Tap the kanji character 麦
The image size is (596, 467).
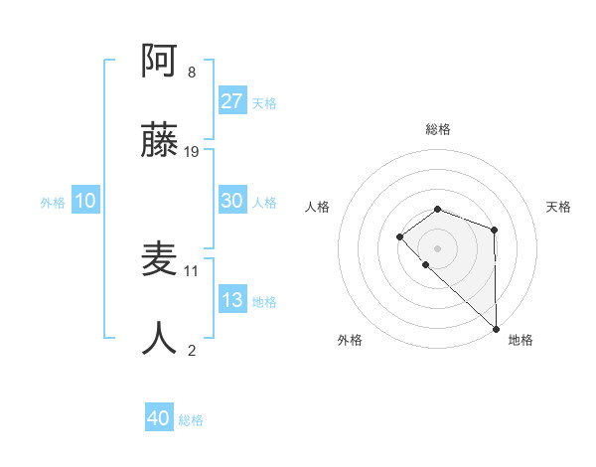coord(160,259)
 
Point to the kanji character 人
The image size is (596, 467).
coord(160,338)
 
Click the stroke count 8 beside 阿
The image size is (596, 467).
coord(192,73)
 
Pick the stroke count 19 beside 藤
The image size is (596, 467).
coord(192,151)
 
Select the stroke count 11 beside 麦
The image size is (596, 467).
coord(192,270)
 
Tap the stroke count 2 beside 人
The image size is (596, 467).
coord(192,349)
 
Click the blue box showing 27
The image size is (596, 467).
coord(232,101)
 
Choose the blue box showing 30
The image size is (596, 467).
coord(232,201)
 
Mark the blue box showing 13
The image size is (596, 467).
coord(232,300)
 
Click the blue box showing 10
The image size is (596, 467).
coord(85,201)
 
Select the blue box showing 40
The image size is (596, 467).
coord(159,418)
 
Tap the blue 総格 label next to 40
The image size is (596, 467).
coord(191,420)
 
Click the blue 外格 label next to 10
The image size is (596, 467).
coord(53,203)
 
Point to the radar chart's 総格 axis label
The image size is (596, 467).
coord(438,129)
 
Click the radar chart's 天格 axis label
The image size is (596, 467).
coord(559,207)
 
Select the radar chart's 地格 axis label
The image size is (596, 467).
coord(521,340)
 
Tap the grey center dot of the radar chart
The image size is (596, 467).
coord(438,247)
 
